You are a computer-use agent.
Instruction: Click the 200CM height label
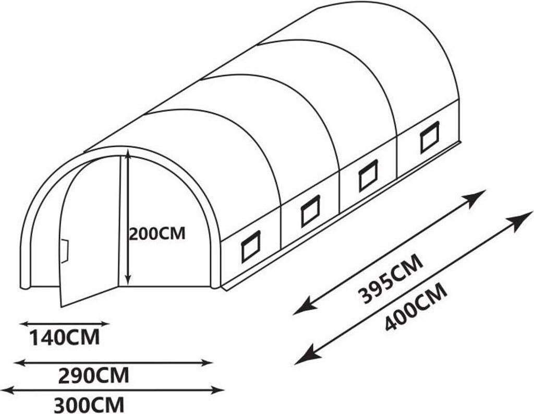tap(157, 233)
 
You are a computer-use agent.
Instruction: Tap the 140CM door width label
tap(64, 338)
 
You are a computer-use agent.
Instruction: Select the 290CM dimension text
tap(93, 376)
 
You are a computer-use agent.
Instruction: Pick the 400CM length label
tap(416, 307)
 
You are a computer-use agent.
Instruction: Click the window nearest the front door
tap(251, 246)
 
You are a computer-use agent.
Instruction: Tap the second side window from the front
tap(310, 210)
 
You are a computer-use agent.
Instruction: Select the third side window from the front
tap(368, 175)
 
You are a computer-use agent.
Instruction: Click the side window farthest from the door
tap(430, 137)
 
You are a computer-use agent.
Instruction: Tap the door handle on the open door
tap(65, 251)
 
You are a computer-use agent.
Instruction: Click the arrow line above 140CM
tap(64, 324)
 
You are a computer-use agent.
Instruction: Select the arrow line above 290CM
tap(113, 362)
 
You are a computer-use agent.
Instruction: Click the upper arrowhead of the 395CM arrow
tap(476, 197)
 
